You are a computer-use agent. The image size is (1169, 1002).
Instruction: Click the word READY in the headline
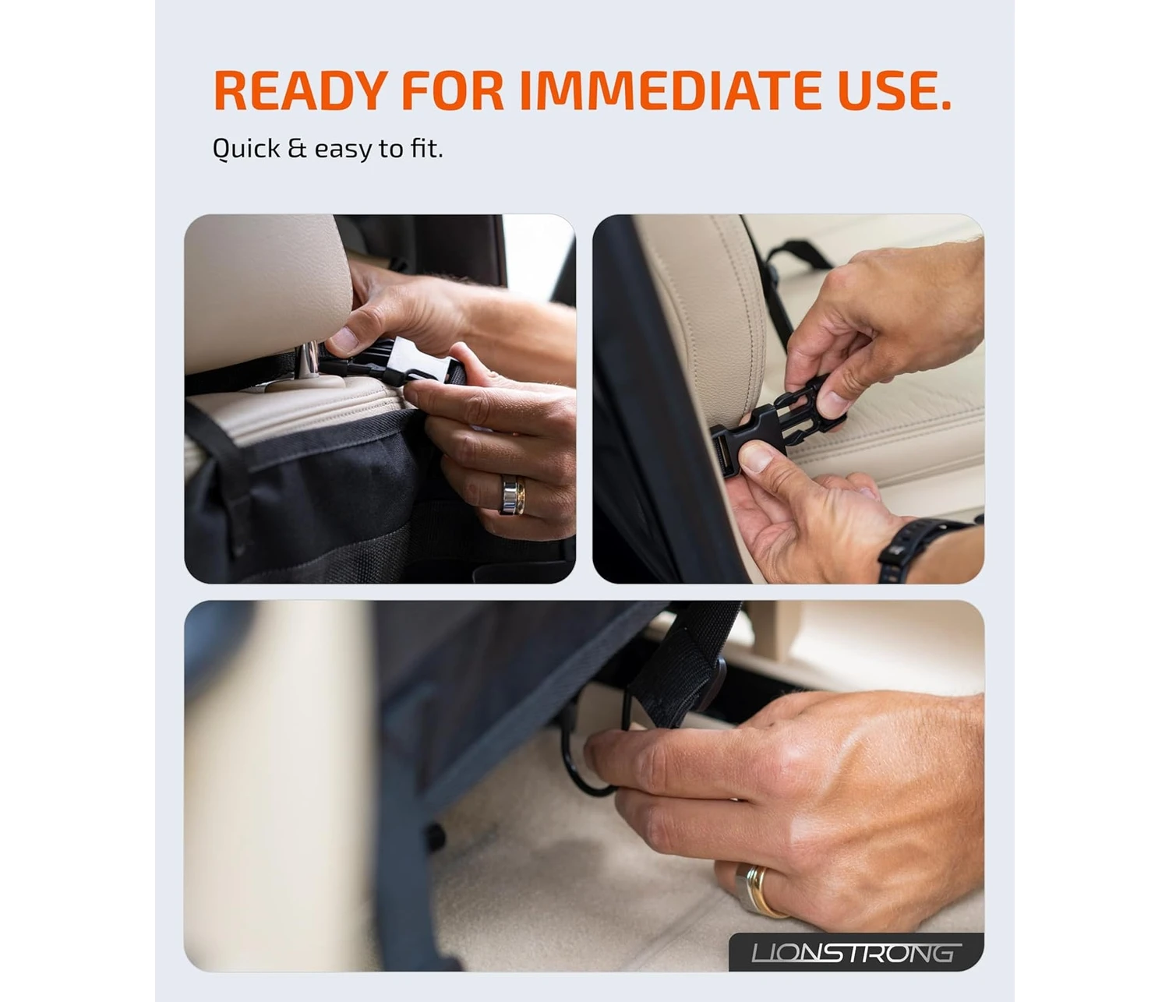301,90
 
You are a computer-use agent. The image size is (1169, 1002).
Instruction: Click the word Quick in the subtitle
246,150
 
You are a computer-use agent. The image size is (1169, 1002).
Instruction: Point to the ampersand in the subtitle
297,149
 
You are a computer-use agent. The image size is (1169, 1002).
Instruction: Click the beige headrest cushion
268,291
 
